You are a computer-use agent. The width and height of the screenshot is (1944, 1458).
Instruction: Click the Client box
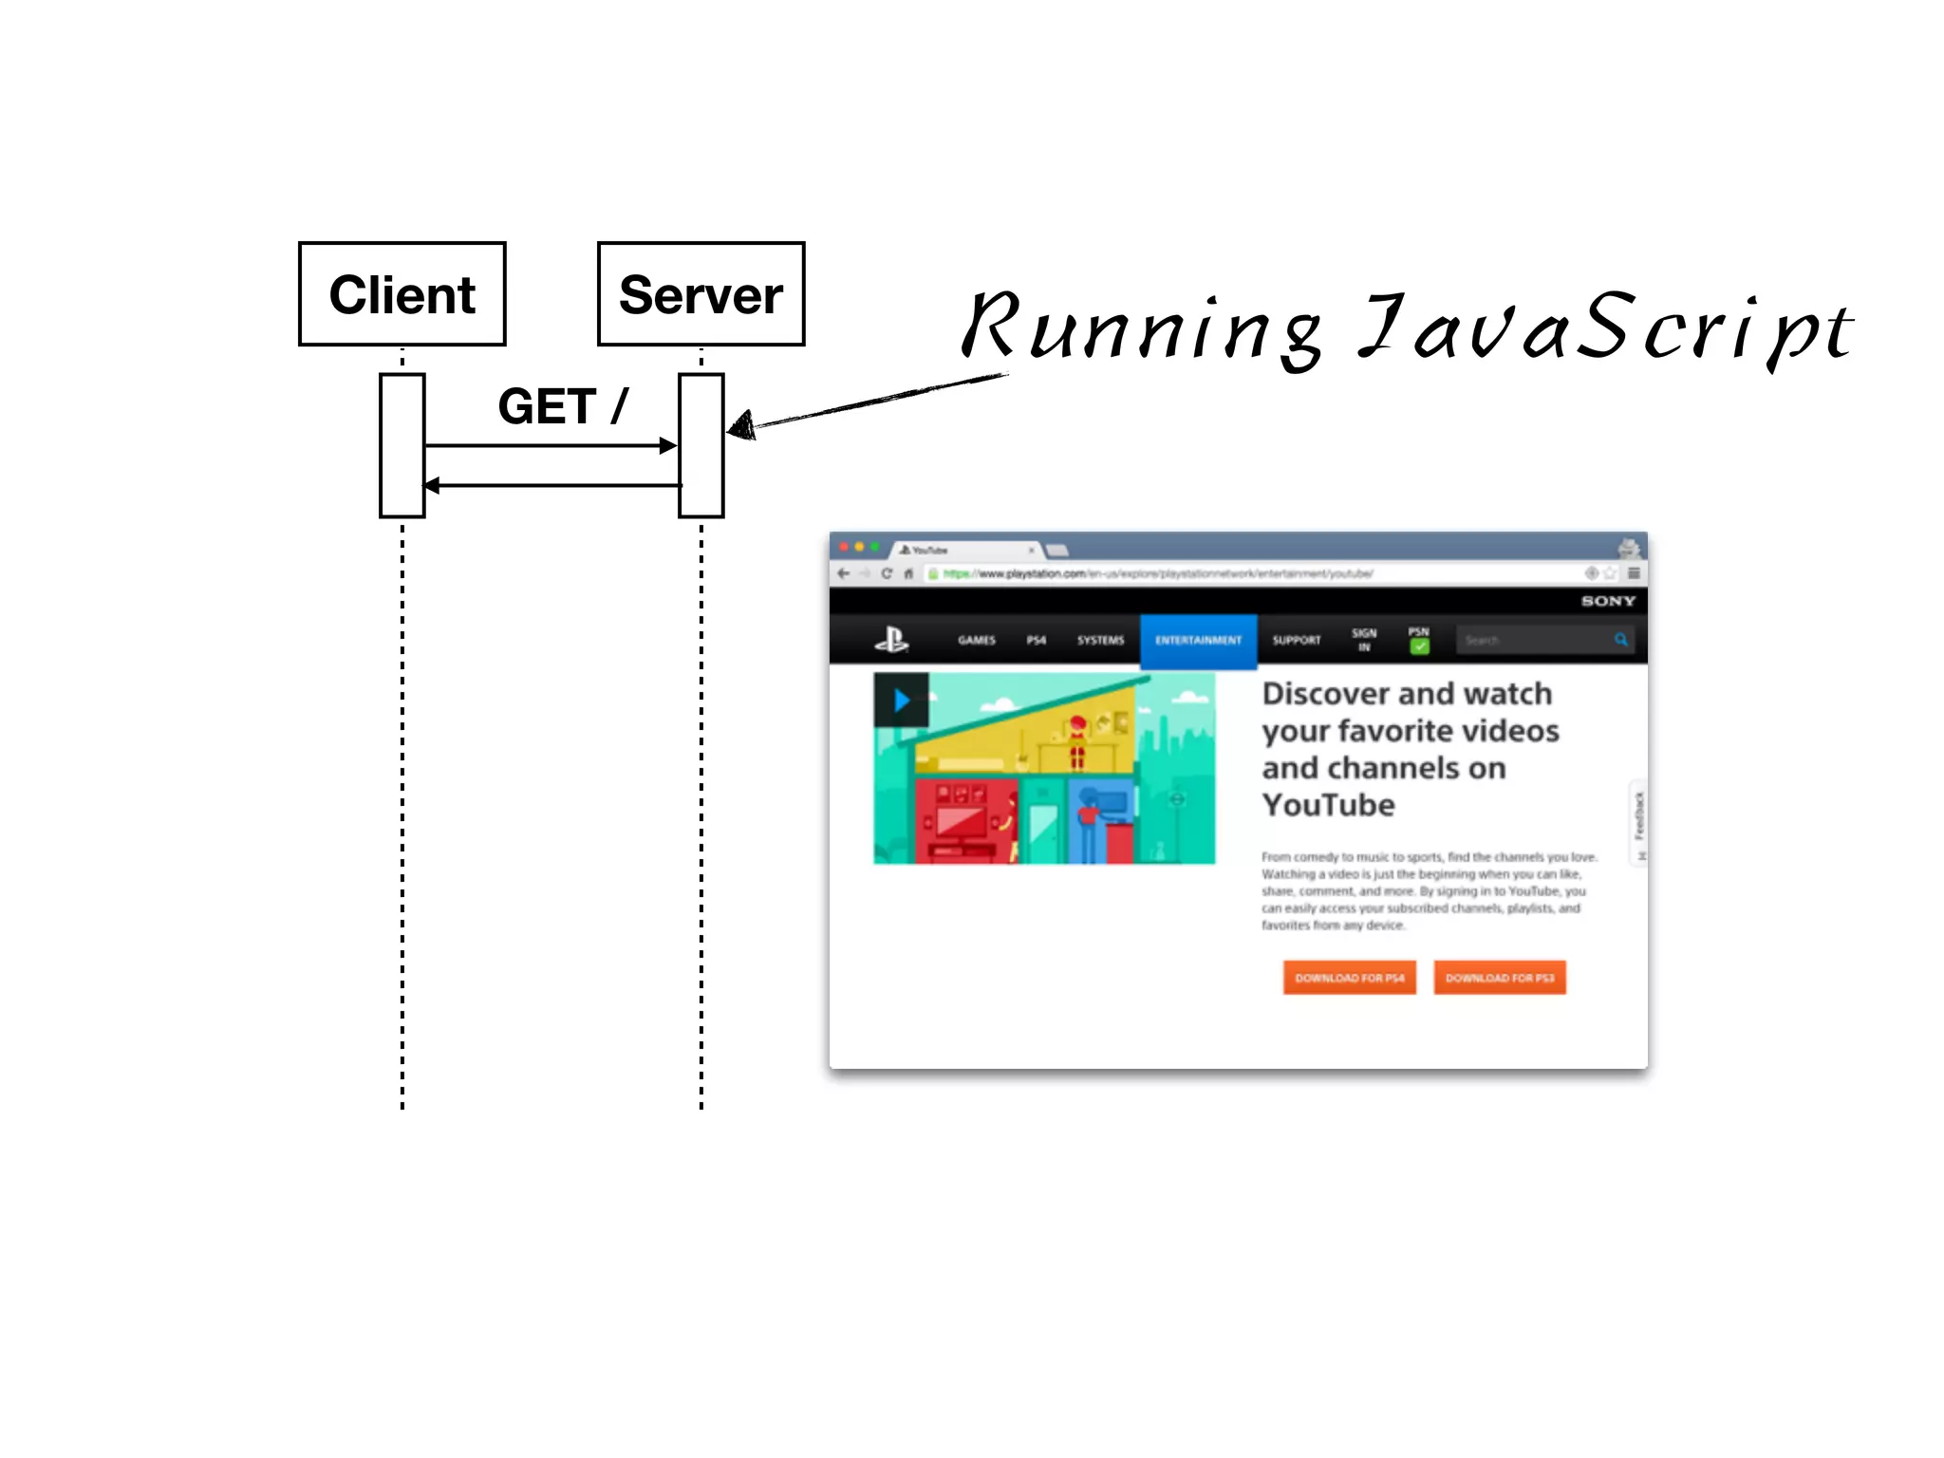[402, 294]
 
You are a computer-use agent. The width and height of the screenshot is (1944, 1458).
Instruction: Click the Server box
[701, 294]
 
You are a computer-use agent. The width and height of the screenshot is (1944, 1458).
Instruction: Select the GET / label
[562, 406]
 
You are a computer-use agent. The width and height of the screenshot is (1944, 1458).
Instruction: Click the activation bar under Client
[402, 445]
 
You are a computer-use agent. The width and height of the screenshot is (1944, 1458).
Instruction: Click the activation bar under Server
[701, 445]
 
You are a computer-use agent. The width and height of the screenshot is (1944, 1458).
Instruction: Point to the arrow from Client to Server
[551, 445]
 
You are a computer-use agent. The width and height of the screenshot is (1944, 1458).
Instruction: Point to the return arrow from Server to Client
[551, 485]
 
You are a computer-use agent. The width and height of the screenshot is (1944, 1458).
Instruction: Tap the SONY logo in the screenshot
[1608, 601]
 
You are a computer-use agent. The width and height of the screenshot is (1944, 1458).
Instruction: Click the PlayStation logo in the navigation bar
[891, 640]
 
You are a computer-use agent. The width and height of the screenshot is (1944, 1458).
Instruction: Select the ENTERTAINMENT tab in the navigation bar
[1198, 640]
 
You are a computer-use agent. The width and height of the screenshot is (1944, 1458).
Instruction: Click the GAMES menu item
[977, 640]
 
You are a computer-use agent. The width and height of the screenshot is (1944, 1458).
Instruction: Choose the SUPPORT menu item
[1296, 640]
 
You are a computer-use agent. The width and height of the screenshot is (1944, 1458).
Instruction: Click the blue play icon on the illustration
[901, 701]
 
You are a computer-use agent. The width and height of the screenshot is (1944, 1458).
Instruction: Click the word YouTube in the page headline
[1328, 805]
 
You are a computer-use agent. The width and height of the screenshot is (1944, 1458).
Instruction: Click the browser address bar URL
[1158, 573]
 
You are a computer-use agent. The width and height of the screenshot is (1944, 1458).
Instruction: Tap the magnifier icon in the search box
[1621, 640]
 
